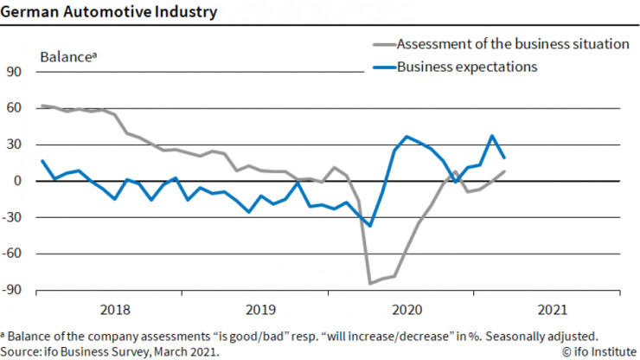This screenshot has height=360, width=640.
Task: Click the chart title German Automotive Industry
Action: click(109, 13)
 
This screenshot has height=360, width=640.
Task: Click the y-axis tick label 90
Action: click(15, 73)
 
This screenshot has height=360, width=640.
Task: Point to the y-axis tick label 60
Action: click(15, 109)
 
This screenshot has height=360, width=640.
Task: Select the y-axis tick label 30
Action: click(15, 145)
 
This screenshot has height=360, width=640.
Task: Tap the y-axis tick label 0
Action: click(18, 182)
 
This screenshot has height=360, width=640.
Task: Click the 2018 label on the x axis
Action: click(116, 308)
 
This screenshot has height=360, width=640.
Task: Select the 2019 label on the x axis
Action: click(261, 308)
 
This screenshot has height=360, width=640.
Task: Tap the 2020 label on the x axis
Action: click(406, 308)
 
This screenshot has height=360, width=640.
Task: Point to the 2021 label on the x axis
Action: click(552, 308)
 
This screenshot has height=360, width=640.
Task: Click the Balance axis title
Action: click(67, 56)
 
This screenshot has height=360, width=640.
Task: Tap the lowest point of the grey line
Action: click(370, 283)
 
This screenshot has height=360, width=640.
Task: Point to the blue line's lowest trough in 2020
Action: click(370, 225)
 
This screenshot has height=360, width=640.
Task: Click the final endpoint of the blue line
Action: click(504, 157)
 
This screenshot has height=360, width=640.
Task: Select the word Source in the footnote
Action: click(22, 351)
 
